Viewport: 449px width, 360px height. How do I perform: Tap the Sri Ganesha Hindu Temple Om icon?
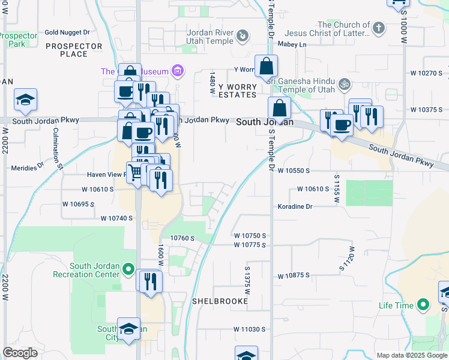click(x=345, y=84)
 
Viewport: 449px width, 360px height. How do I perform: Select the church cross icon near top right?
click(x=378, y=28)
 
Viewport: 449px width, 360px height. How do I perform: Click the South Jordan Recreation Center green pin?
click(x=128, y=270)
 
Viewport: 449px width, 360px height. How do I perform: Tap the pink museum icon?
click(x=176, y=72)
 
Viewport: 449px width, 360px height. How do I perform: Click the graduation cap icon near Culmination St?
click(x=26, y=100)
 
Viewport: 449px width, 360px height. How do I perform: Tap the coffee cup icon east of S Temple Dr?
click(x=342, y=125)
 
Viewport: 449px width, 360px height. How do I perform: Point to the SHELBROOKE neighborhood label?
click(x=220, y=301)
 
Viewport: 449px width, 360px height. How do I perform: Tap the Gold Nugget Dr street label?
click(x=67, y=32)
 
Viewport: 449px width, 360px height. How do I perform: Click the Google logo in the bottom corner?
click(x=20, y=353)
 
